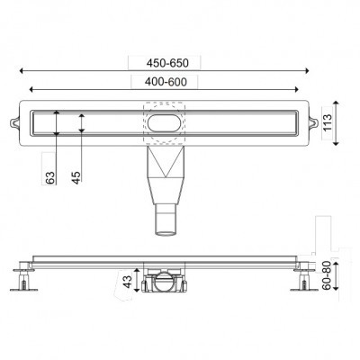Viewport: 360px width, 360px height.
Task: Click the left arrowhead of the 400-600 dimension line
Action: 32,89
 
